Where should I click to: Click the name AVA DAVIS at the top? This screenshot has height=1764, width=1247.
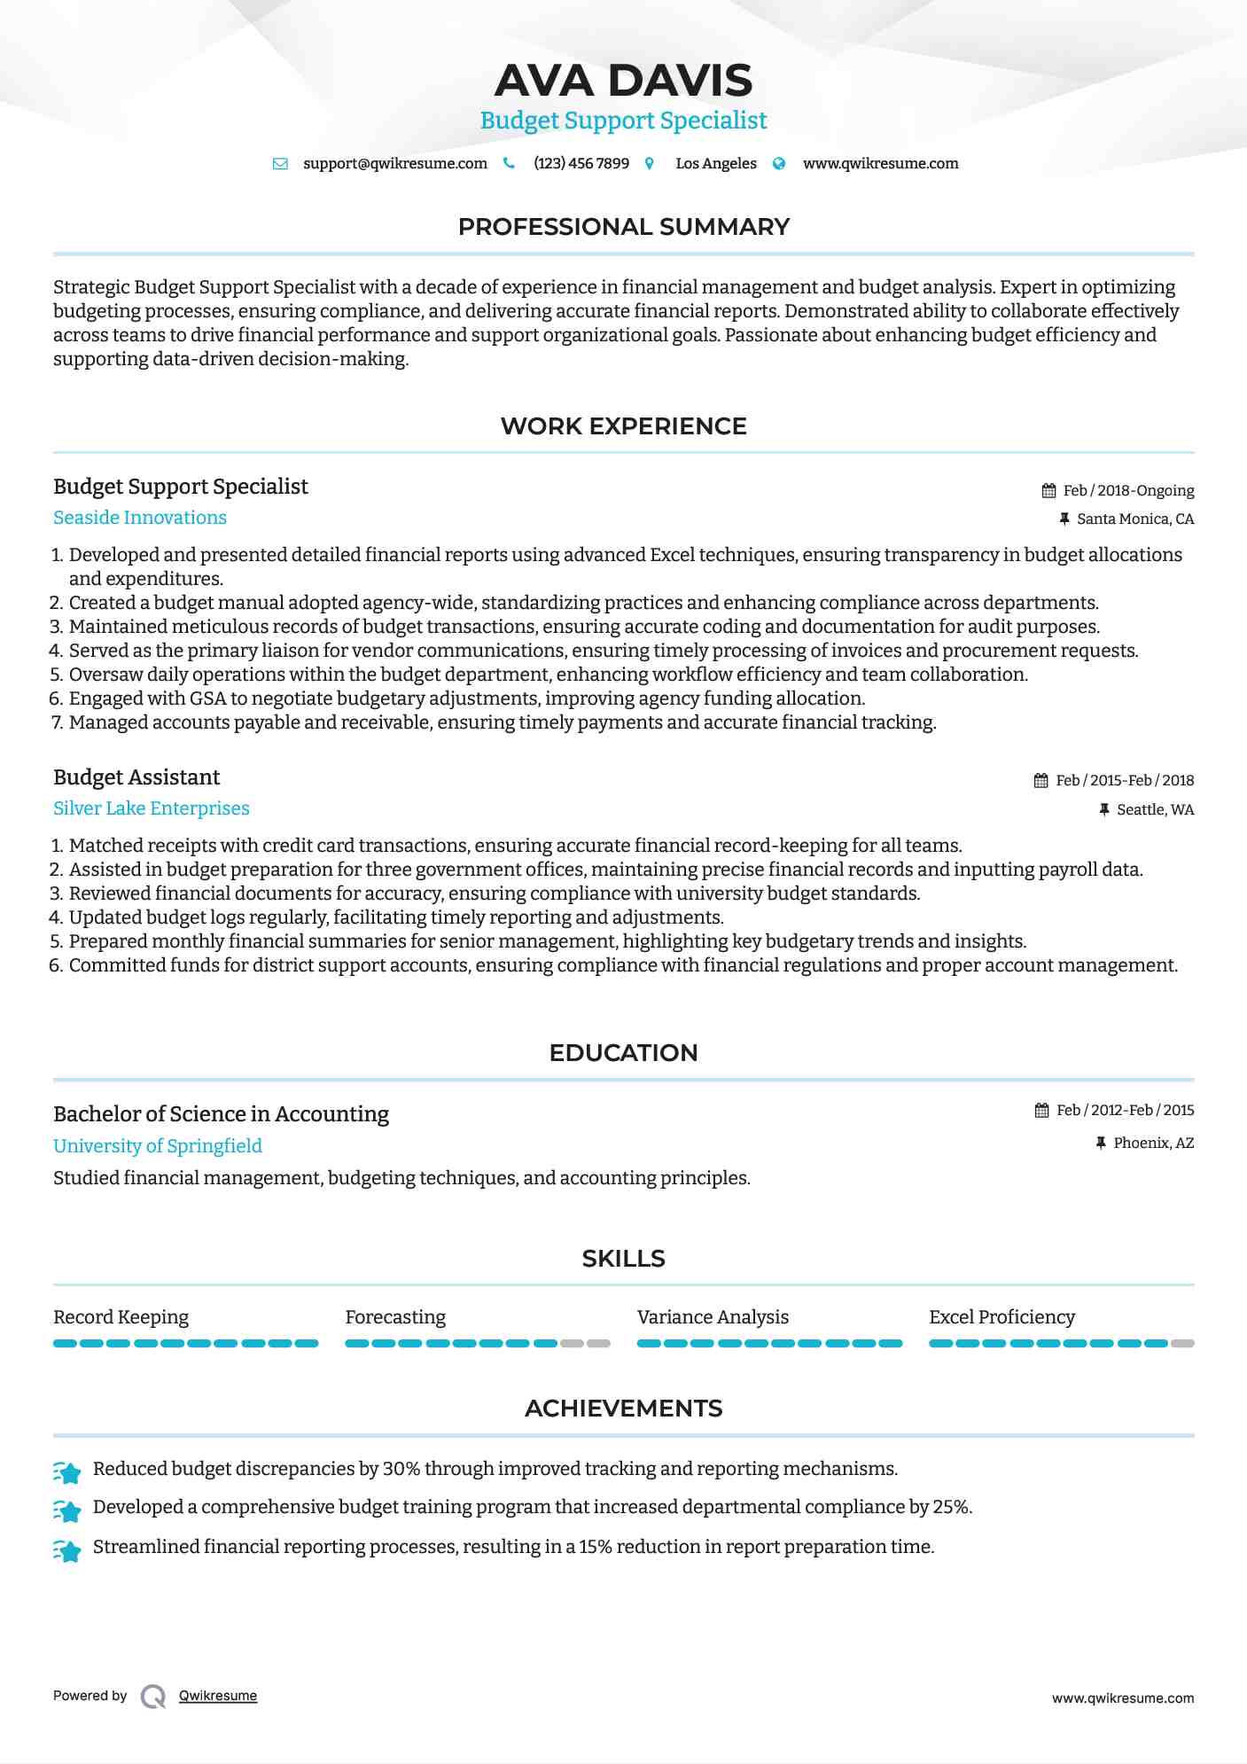click(623, 81)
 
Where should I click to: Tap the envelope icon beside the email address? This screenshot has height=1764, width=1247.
click(280, 164)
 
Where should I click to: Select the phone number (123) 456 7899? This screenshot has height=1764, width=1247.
click(581, 164)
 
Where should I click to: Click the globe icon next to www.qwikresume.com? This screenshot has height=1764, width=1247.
click(779, 164)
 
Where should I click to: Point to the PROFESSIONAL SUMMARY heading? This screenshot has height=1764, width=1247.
click(623, 227)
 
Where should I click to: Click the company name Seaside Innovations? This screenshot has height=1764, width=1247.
click(140, 518)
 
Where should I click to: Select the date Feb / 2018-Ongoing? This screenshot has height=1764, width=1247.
click(1128, 491)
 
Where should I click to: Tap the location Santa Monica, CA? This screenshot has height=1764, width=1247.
click(1135, 519)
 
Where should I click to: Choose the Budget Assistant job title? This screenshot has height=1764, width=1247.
click(136, 777)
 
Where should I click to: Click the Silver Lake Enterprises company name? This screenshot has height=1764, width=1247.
click(152, 808)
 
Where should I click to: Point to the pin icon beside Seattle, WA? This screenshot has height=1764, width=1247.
click(1104, 809)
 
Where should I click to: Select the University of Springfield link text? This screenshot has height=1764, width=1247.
click(158, 1146)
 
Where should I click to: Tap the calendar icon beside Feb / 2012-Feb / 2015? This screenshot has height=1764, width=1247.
click(1042, 1111)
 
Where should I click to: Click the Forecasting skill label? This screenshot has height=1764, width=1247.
click(395, 1317)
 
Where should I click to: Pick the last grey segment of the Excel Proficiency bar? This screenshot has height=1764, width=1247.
click(1182, 1344)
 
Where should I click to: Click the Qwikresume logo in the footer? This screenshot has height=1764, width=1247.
click(153, 1697)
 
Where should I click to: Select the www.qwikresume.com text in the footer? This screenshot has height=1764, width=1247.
click(1123, 1698)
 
